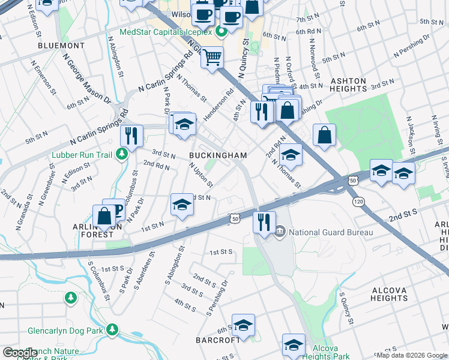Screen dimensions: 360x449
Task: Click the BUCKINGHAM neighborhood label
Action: pos(218,155)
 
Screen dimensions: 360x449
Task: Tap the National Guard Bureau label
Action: pos(331,232)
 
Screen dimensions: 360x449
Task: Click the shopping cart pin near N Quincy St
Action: pos(212,58)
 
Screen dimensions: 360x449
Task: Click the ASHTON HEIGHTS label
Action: pos(348,84)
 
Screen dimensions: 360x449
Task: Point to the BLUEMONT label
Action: pos(61,45)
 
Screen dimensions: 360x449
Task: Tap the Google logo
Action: pos(20,353)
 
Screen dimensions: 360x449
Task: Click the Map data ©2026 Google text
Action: pos(411,355)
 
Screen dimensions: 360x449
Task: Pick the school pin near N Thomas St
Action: pos(290,155)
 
